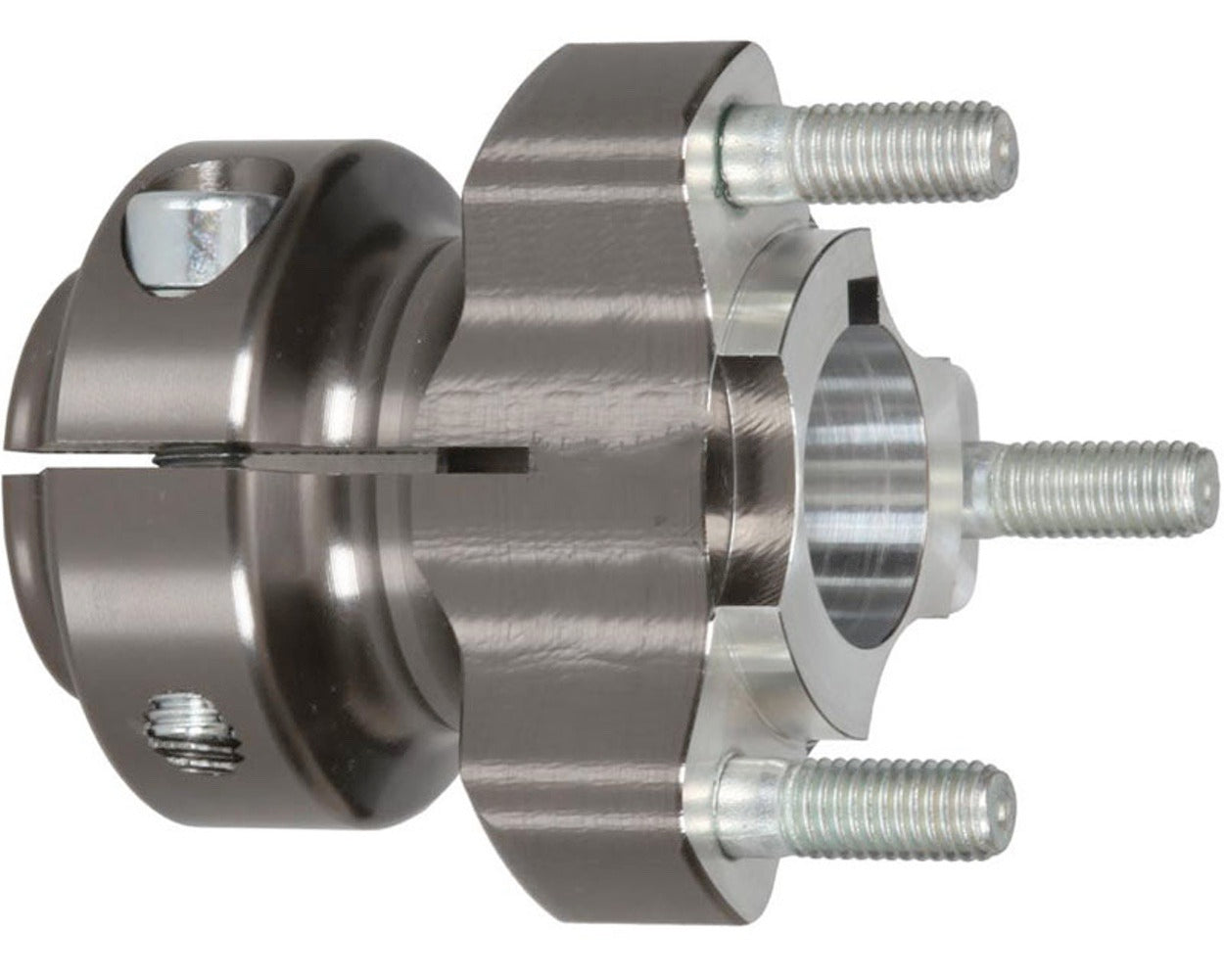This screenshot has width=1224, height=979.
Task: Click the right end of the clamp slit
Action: coord(524,456)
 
